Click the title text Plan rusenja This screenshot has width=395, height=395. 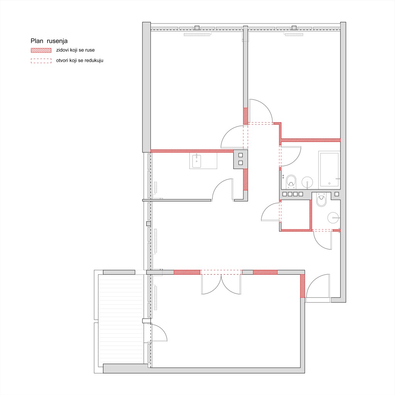click(49, 41)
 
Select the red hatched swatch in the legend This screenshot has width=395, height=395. click(41, 50)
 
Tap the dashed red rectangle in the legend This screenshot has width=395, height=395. click(41, 61)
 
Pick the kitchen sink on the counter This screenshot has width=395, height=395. click(196, 161)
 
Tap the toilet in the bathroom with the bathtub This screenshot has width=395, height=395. click(291, 182)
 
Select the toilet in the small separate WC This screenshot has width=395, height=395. click(321, 200)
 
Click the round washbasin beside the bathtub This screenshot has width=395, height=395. click(307, 182)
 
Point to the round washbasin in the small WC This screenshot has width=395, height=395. click(334, 218)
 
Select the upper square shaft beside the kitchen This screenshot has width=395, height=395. click(241, 155)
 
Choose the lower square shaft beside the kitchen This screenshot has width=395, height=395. click(241, 163)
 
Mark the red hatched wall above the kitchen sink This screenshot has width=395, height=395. click(192, 151)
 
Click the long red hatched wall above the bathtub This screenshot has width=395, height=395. click(311, 140)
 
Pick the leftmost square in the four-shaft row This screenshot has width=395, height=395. click(285, 194)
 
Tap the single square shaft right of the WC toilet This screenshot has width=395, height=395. click(336, 194)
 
